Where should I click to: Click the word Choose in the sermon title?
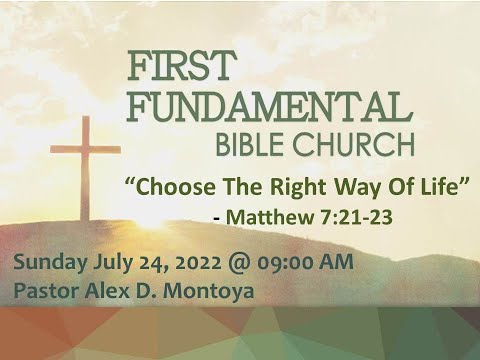point(171,186)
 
